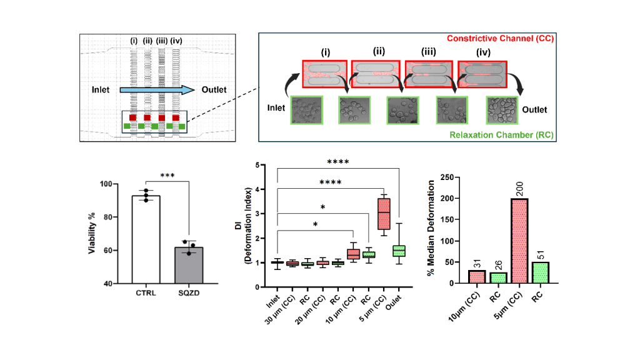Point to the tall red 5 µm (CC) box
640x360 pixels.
383,214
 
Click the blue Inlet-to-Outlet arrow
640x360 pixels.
156,90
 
